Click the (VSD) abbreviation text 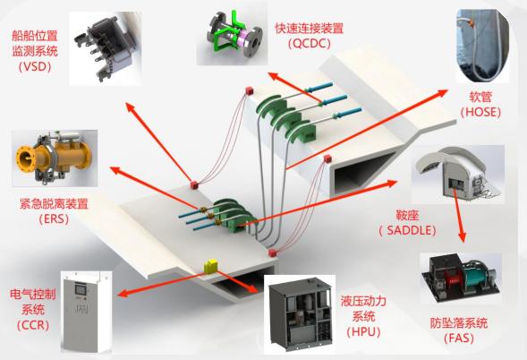click(x=35, y=66)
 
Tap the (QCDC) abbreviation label click(x=310, y=43)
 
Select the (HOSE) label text click(x=480, y=112)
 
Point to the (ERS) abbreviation click(x=54, y=219)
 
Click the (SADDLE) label click(x=407, y=230)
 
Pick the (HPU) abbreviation click(x=363, y=331)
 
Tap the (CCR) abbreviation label click(x=33, y=325)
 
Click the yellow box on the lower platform click(x=210, y=265)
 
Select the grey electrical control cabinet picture click(x=86, y=312)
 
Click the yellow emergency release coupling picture click(x=55, y=159)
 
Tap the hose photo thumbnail click(x=482, y=46)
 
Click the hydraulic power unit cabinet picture click(x=300, y=314)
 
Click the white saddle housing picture click(x=458, y=175)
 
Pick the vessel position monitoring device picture click(x=105, y=48)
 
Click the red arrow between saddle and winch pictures click(x=458, y=215)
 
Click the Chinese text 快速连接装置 click(x=310, y=29)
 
